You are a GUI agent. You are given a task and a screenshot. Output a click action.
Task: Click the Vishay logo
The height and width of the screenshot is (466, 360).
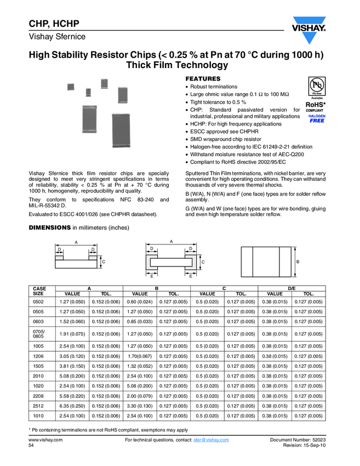pos(309,30)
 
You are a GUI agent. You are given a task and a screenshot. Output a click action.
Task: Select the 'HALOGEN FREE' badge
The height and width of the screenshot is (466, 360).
pos(317,119)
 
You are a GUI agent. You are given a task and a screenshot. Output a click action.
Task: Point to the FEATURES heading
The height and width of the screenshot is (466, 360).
pos(203,79)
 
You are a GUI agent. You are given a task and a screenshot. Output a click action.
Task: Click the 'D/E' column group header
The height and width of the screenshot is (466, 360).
pos(292,288)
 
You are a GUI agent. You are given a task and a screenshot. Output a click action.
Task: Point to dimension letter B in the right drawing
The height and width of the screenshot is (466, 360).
pos(298,262)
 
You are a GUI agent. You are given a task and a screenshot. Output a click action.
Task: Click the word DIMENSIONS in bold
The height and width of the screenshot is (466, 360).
pos(49,228)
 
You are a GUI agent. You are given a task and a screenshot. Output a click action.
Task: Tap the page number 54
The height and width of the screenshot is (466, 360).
pos(31,446)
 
